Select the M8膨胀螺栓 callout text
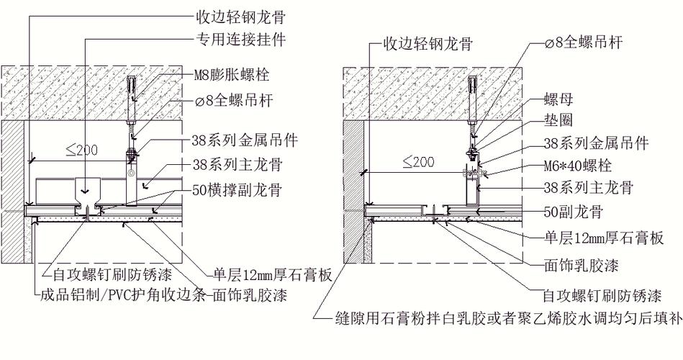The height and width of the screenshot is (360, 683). pyautogui.click(x=231, y=75)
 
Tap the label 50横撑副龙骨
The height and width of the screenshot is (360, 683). pyautogui.click(x=237, y=190)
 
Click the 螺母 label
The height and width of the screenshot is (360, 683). pyautogui.click(x=558, y=100)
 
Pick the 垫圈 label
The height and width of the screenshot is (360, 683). pyautogui.click(x=558, y=120)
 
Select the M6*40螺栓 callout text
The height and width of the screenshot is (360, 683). pyautogui.click(x=578, y=166)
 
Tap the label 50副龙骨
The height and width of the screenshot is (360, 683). pyautogui.click(x=573, y=212)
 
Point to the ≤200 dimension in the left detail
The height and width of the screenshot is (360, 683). pyautogui.click(x=81, y=150)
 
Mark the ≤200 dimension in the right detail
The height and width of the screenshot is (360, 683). pyautogui.click(x=419, y=162)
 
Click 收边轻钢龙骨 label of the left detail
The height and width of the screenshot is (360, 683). pyautogui.click(x=240, y=17)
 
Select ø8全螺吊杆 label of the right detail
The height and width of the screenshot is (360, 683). pyautogui.click(x=584, y=42)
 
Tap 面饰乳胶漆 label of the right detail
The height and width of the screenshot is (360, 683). pyautogui.click(x=581, y=265)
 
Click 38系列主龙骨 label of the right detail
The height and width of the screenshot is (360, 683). pyautogui.click(x=589, y=189)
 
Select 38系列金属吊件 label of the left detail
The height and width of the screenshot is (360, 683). pyautogui.click(x=245, y=140)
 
